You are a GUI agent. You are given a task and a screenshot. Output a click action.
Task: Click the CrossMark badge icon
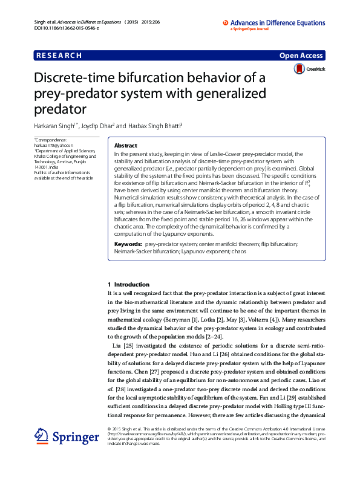pos(299,69)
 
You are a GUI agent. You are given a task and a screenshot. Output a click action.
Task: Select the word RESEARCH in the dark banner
pos(59,56)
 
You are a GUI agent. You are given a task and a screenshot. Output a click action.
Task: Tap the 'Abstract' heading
pos(125,146)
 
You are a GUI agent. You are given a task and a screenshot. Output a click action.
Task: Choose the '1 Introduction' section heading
pos(128,284)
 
